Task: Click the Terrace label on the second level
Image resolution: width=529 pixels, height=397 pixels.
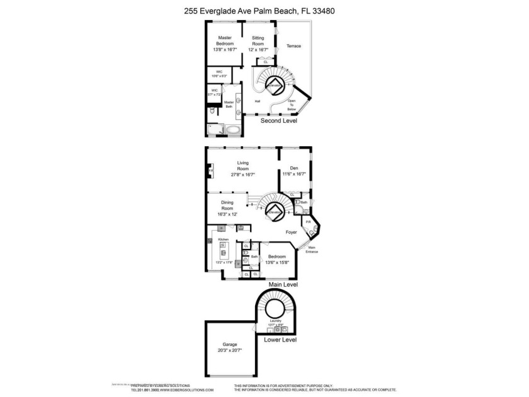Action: [293, 46]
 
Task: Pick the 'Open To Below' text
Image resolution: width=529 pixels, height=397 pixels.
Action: [292, 105]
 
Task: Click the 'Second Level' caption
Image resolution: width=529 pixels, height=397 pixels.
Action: [279, 120]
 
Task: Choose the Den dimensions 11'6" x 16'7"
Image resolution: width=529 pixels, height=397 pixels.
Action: [293, 174]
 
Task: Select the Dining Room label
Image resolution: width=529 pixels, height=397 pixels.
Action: [227, 205]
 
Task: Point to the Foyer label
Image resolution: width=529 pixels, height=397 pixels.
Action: [291, 232]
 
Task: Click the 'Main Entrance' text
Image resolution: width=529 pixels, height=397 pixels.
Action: [312, 250]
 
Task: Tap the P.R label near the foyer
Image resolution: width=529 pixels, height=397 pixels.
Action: [309, 222]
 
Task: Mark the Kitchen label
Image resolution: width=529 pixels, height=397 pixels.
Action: [222, 240]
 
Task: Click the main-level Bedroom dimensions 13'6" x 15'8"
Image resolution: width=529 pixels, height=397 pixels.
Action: [277, 262]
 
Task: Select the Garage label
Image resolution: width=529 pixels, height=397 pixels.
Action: [229, 345]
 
